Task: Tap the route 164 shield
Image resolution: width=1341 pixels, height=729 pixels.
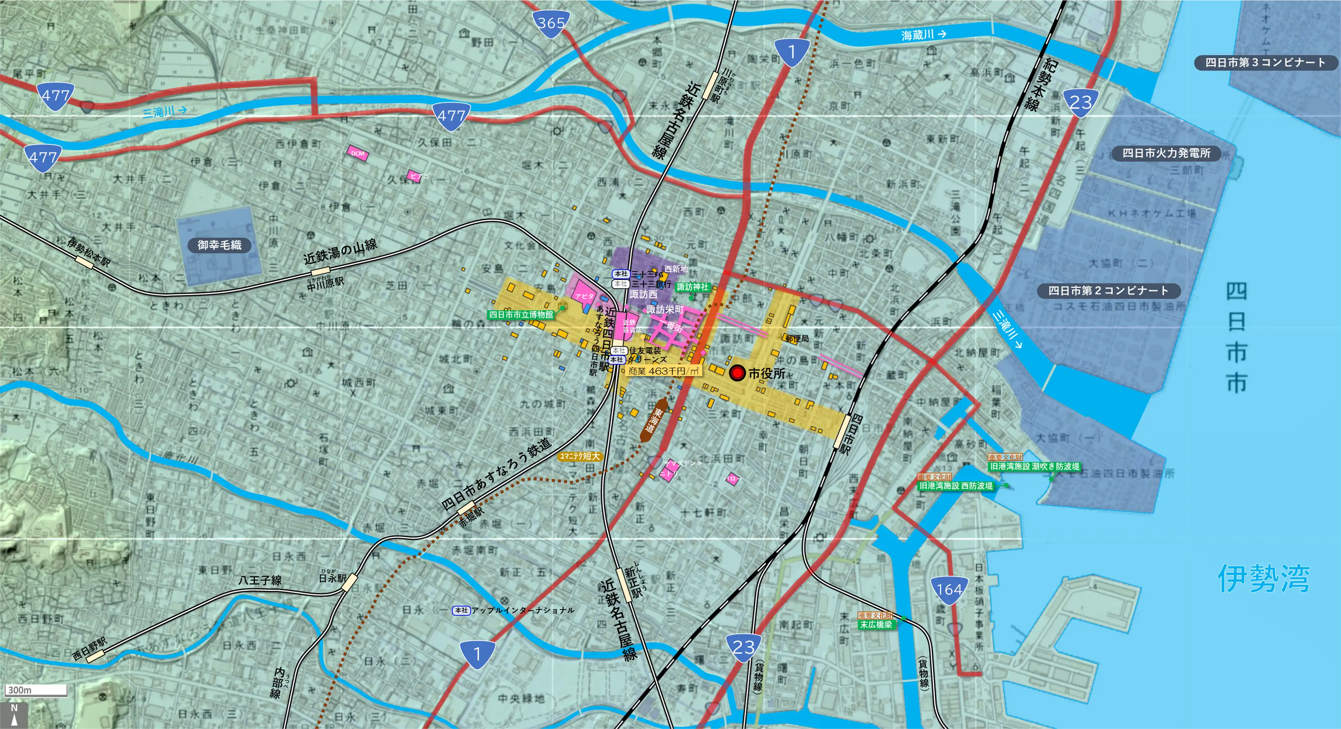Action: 949,590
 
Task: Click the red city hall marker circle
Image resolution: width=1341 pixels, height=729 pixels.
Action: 737,373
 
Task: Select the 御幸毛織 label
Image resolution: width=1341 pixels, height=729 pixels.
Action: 219,245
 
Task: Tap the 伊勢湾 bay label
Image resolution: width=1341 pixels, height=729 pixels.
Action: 1263,578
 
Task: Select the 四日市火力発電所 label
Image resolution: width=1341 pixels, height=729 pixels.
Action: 1166,153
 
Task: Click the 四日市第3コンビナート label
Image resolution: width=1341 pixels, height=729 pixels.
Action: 1265,62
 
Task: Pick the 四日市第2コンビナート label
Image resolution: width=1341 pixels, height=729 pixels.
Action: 1108,290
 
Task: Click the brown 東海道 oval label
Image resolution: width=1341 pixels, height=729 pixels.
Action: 653,420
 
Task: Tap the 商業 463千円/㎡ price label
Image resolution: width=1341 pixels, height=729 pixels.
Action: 663,371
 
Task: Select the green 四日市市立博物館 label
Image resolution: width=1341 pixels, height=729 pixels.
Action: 520,315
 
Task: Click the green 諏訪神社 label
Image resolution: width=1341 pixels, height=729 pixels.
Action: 692,287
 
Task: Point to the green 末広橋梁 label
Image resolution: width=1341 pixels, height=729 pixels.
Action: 876,624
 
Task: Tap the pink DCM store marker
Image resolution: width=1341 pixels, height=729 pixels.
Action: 358,153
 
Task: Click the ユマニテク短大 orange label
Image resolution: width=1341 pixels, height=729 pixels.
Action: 579,456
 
